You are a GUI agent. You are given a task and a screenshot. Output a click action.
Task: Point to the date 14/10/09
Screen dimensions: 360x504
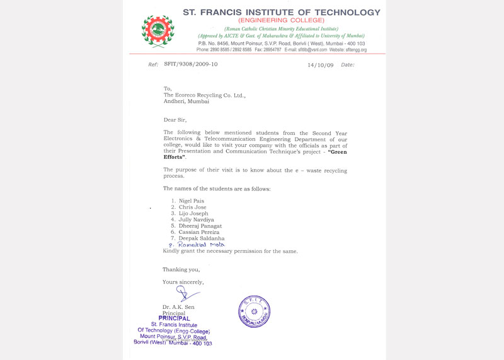point(321,64)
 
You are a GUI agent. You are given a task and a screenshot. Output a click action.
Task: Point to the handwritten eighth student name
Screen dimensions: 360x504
point(200,245)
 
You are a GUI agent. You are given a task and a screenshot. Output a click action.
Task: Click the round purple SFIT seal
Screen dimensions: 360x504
point(254,311)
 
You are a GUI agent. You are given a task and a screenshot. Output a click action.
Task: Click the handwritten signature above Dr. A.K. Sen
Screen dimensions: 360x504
point(185,293)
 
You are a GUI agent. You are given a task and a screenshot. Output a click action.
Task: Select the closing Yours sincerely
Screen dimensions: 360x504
point(183,282)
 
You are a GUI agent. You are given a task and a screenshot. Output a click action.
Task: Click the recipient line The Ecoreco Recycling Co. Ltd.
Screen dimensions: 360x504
point(205,95)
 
